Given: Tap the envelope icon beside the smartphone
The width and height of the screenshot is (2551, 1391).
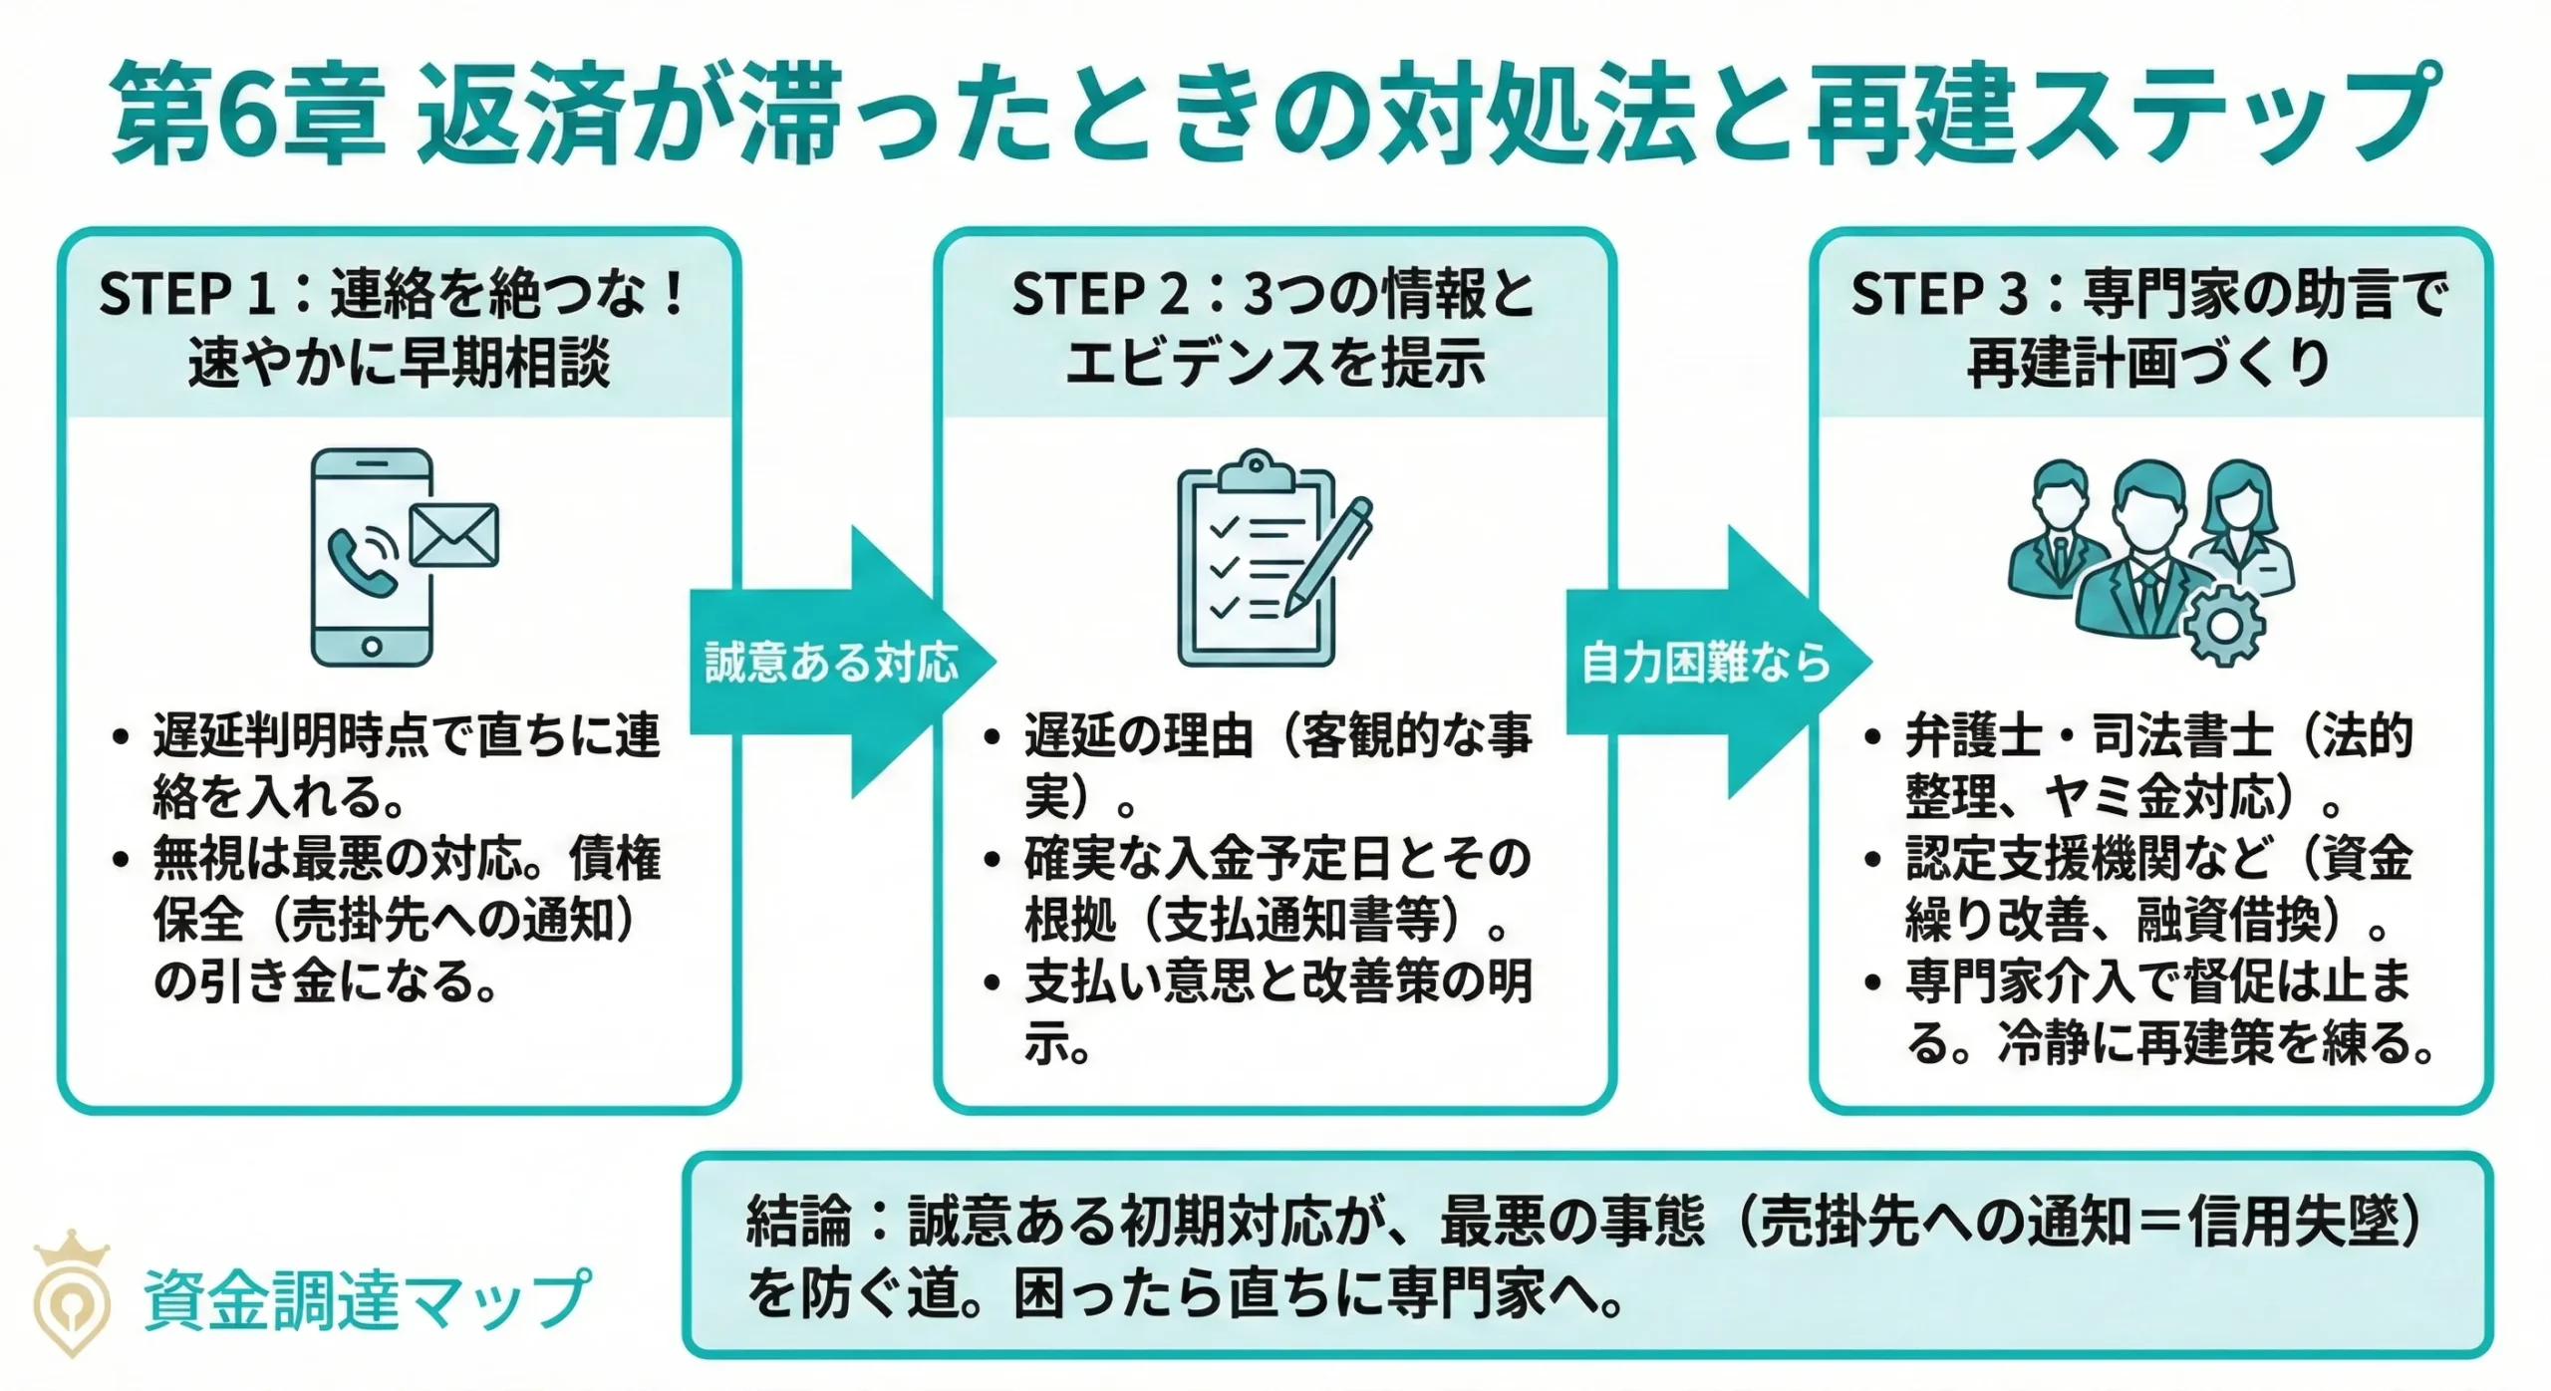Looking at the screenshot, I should [454, 535].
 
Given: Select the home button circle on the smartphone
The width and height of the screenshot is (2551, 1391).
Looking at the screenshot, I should [372, 646].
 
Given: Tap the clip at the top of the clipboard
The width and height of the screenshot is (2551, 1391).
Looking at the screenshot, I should [1256, 467].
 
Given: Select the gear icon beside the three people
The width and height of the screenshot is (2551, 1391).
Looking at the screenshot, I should [2224, 625].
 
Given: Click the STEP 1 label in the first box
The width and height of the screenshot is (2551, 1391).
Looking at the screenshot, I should [183, 295].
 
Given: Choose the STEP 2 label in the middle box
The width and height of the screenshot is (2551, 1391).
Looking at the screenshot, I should [1099, 295].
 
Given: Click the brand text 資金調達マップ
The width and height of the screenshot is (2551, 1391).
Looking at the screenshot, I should [367, 1298].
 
